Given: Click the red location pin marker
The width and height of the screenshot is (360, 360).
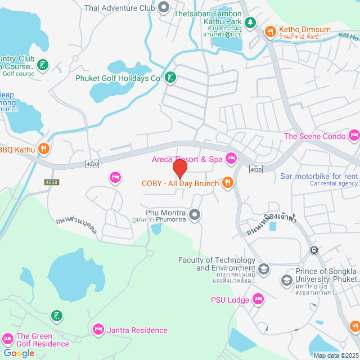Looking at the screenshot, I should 179,168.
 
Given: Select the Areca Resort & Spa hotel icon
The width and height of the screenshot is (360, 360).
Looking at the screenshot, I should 231,159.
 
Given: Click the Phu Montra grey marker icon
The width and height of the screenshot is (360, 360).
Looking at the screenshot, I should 195,214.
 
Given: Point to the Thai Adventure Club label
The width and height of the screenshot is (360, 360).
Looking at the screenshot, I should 119,8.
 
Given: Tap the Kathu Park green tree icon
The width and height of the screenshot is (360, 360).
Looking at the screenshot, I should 251,23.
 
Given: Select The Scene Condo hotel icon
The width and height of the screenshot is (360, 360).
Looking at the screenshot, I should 354,136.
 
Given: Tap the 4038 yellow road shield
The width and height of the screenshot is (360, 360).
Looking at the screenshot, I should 51,182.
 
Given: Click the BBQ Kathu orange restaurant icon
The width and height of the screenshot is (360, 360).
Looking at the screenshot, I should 44,149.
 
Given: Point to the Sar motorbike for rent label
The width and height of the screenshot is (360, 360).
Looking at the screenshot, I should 319,176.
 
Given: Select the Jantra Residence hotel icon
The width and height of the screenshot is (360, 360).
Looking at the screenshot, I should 98,330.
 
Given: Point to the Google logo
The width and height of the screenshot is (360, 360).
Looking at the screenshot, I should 19,353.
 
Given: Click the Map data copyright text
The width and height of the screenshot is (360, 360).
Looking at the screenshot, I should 335,355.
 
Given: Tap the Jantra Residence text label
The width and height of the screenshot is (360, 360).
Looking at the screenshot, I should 137,330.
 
